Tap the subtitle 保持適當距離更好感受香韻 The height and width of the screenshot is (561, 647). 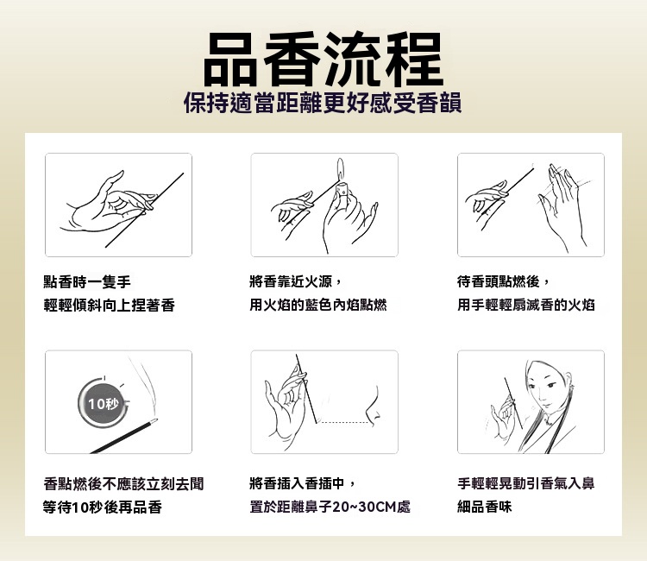[x=323, y=103]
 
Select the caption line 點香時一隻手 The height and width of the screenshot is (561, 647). [x=87, y=282]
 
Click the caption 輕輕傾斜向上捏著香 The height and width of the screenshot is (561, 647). [x=109, y=306]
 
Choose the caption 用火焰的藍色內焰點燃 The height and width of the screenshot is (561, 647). [x=318, y=305]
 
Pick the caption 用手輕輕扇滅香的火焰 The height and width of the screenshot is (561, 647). [x=526, y=305]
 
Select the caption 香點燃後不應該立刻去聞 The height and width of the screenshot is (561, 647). [x=123, y=484]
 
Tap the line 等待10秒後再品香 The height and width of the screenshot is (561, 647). [x=103, y=507]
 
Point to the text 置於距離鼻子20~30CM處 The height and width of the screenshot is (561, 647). [x=330, y=507]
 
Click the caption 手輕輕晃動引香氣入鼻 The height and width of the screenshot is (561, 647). [x=526, y=483]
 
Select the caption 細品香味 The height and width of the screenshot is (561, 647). [x=485, y=507]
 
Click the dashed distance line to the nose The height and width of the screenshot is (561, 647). [x=343, y=423]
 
